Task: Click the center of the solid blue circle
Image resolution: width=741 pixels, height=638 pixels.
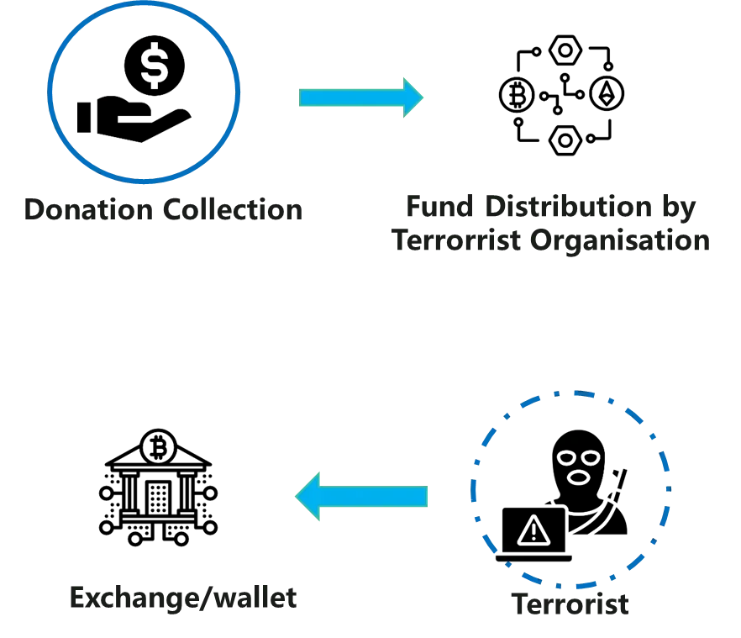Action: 145,92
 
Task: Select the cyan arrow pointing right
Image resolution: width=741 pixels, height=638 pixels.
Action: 363,97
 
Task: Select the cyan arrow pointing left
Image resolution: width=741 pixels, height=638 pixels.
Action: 361,496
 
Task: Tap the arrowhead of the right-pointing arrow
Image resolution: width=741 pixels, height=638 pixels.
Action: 414,97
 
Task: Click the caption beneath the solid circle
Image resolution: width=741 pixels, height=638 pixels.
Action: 160,208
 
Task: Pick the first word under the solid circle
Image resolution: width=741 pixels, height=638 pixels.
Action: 85,208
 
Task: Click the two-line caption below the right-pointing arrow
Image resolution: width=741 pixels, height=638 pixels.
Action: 550,224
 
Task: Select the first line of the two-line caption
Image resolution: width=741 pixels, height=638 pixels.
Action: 550,208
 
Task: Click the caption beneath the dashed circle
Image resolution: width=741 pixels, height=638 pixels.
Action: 571,606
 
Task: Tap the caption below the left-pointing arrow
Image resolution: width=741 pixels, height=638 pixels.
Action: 183,599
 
